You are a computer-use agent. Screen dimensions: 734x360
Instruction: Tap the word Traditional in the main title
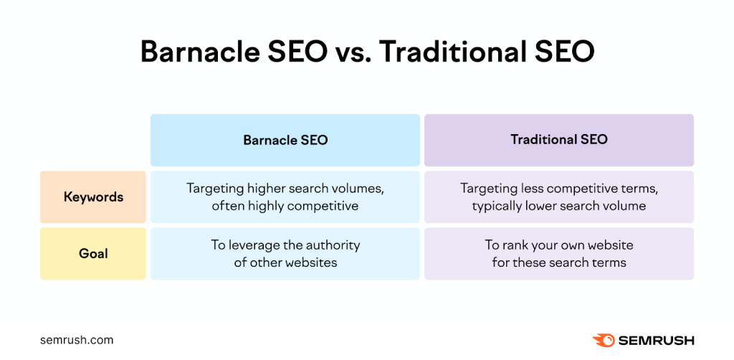(452, 52)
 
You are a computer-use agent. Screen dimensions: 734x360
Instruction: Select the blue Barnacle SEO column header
(285, 140)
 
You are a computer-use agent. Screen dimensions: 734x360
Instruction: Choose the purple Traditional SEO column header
(559, 140)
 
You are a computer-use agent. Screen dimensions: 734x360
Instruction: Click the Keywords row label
(93, 196)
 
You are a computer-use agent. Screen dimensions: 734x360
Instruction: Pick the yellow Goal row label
(93, 254)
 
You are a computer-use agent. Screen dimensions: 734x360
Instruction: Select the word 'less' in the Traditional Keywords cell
(531, 189)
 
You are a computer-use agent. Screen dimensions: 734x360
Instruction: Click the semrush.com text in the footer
(77, 341)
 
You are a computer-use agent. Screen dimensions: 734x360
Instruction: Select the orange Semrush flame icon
(604, 341)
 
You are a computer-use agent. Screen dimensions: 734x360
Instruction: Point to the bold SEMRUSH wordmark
(657, 341)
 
